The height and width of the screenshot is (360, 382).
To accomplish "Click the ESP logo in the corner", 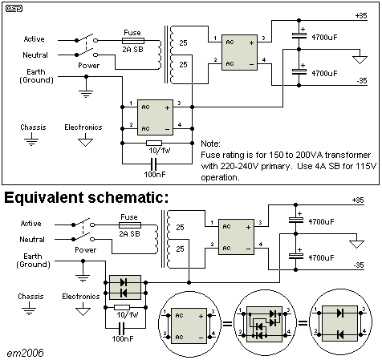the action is [14, 9].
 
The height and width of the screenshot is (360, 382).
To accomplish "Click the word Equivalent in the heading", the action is [44, 198].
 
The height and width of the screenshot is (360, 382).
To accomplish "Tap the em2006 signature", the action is [25, 353].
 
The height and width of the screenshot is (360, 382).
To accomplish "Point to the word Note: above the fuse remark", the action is [210, 144].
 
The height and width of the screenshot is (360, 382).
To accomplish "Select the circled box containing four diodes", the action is [264, 324].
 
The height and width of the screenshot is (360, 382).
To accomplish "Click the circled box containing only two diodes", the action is [340, 323].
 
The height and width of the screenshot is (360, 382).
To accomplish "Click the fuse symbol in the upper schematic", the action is [133, 41].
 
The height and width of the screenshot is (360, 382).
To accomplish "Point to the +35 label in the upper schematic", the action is [361, 16].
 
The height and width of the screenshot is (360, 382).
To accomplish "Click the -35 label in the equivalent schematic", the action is [359, 265].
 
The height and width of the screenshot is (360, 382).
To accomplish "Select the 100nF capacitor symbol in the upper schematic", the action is [154, 164].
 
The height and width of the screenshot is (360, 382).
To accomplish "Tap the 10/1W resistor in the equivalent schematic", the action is [122, 308].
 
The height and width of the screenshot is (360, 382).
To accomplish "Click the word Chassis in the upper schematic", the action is [33, 127].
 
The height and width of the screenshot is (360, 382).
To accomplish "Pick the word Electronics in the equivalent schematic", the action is [81, 297].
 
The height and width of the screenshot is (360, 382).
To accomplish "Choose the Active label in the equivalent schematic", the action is [31, 224].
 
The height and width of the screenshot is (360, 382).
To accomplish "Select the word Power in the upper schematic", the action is [89, 66].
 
